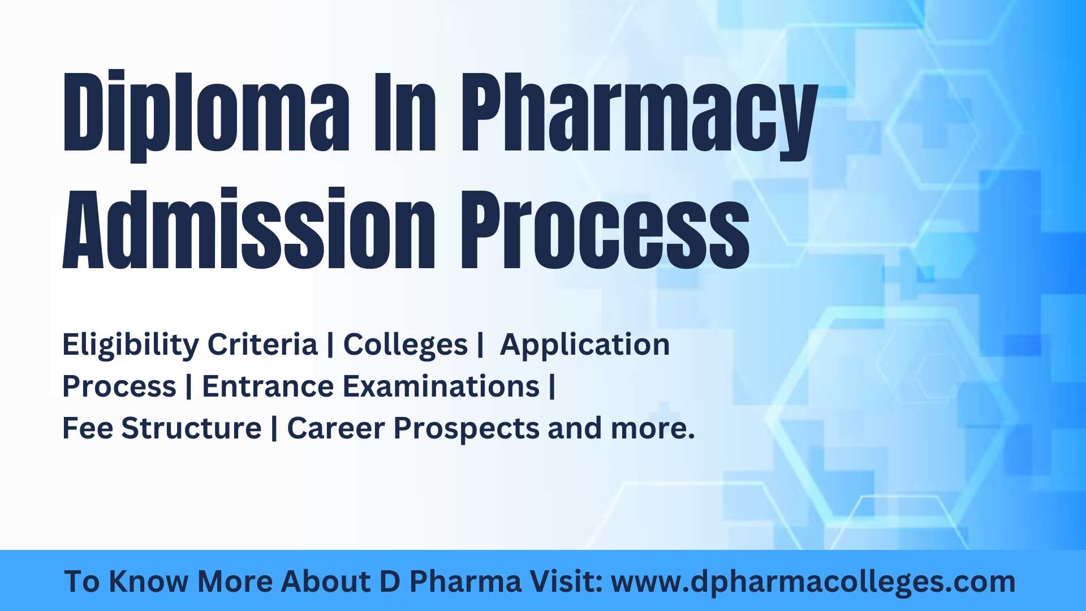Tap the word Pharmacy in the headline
[639, 116]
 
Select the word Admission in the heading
[249, 229]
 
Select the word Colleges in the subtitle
[405, 345]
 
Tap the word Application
[585, 345]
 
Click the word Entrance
[268, 386]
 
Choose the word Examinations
[441, 386]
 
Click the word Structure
[191, 428]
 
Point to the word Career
[335, 428]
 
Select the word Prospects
[467, 429]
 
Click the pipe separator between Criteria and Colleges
[330, 345]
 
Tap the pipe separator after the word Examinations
[552, 386]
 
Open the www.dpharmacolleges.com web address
[813, 582]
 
